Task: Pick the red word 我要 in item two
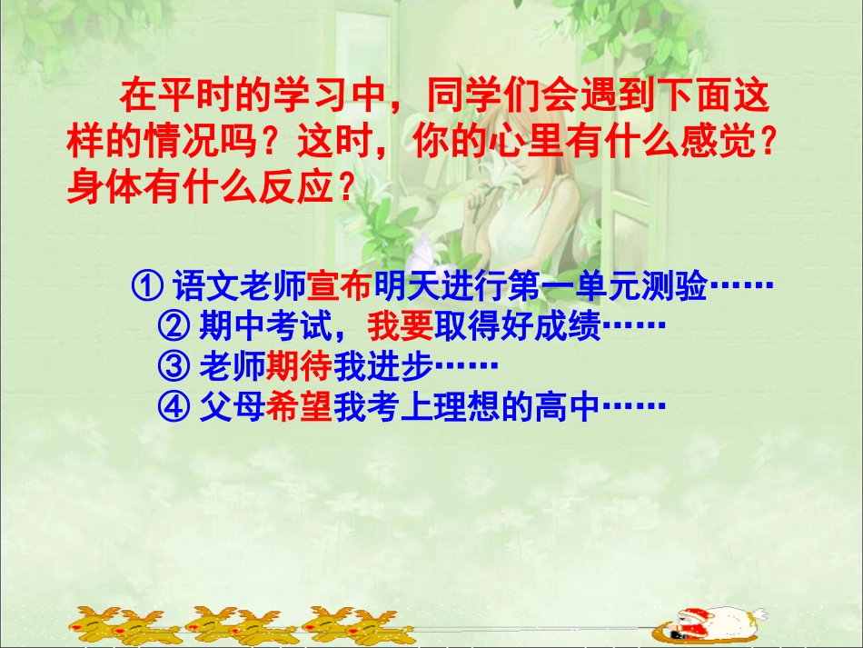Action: (x=401, y=325)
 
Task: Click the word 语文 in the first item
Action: (x=206, y=286)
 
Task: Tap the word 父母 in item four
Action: (x=232, y=406)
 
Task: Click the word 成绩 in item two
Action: (x=569, y=325)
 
